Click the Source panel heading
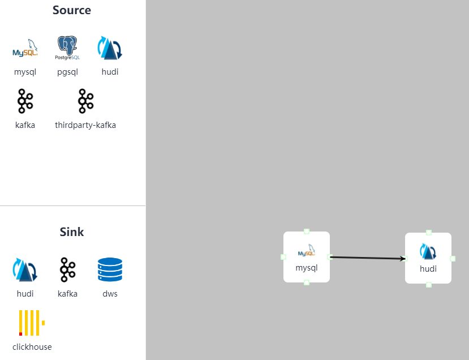[72, 10]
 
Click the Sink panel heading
[72, 232]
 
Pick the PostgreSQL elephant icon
[67, 48]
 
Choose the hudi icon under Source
[110, 48]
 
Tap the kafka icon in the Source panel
[25, 101]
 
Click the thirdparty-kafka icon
[85, 101]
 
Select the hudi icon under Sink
[25, 269]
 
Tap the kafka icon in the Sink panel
[67, 269]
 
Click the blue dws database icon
[110, 269]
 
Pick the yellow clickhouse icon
[31, 323]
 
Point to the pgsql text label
[67, 72]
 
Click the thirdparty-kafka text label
[85, 125]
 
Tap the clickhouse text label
[32, 347]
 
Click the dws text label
[110, 294]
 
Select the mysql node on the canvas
[307, 257]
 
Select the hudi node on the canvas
[428, 258]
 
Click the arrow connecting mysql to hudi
[368, 258]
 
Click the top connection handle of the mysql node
[307, 231]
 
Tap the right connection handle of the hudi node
[453, 259]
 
